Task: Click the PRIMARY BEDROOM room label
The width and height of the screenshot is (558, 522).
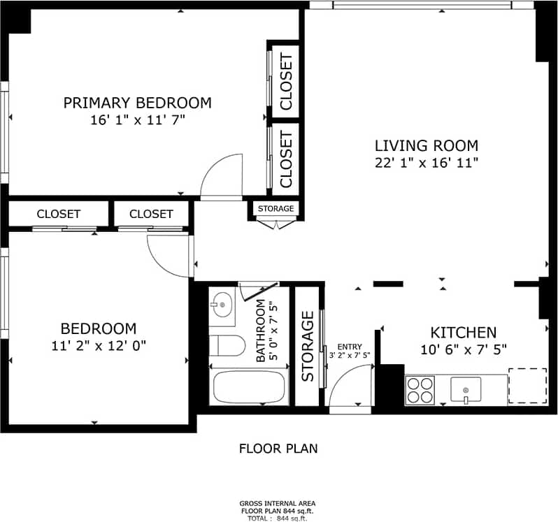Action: pyautogui.click(x=137, y=103)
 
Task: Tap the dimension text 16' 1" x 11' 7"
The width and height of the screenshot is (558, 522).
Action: pyautogui.click(x=137, y=119)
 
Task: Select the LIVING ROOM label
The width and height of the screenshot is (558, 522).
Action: pyautogui.click(x=427, y=146)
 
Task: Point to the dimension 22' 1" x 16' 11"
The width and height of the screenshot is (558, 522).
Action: pyautogui.click(x=427, y=163)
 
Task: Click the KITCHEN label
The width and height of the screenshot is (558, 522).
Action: pyautogui.click(x=463, y=333)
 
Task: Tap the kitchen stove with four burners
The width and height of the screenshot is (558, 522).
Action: pyautogui.click(x=420, y=390)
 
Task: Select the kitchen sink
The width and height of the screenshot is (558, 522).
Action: pyautogui.click(x=466, y=389)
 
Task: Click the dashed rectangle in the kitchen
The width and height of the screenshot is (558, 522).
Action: pyautogui.click(x=527, y=386)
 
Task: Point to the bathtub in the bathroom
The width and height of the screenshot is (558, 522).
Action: pyautogui.click(x=248, y=387)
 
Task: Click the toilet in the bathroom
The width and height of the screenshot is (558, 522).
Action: pyautogui.click(x=227, y=346)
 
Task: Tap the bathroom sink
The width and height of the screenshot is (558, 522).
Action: pyautogui.click(x=222, y=305)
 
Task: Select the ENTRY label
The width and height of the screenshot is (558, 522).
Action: pyautogui.click(x=350, y=347)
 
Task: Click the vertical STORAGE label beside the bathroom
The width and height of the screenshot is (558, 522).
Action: pyautogui.click(x=308, y=347)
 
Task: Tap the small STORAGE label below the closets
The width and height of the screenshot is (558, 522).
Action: pyautogui.click(x=276, y=209)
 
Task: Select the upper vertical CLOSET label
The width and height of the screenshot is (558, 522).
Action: pyautogui.click(x=285, y=82)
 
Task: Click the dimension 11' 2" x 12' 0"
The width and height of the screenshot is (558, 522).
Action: pyautogui.click(x=98, y=345)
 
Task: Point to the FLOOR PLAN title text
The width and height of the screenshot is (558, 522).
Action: pyautogui.click(x=278, y=449)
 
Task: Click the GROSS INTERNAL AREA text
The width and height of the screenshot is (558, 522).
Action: pyautogui.click(x=278, y=503)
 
